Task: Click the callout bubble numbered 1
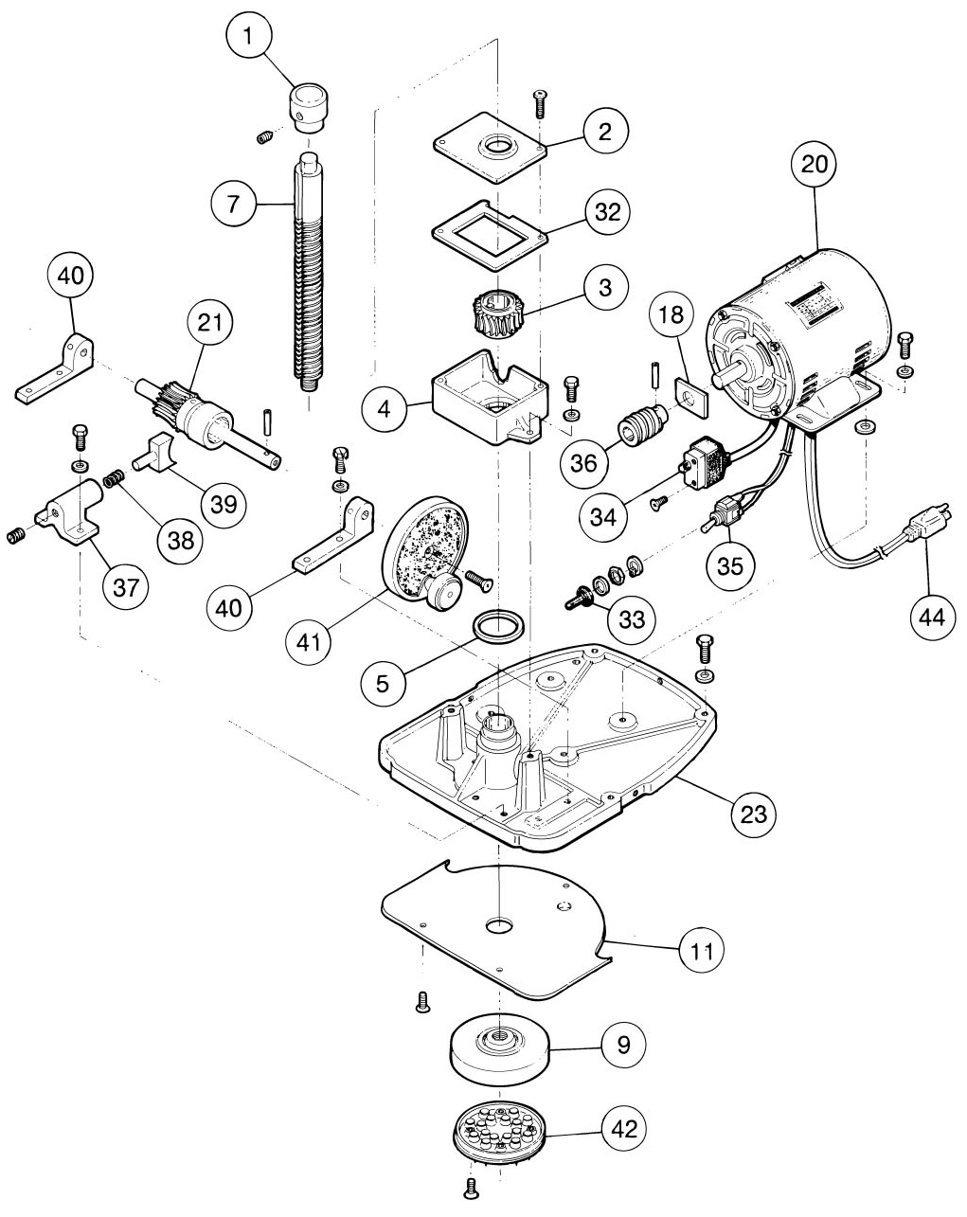(247, 36)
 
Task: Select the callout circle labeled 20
(814, 164)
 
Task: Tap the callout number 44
(933, 616)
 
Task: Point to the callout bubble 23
(753, 814)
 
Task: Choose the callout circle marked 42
(624, 1129)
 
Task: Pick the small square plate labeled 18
(691, 398)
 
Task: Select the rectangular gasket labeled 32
(490, 235)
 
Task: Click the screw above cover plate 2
(541, 103)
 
